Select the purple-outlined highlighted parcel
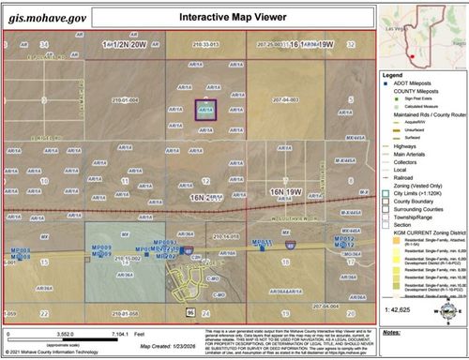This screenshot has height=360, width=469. [x=204, y=109]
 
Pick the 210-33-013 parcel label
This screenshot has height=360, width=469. [x=204, y=44]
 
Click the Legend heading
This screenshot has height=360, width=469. [x=393, y=75]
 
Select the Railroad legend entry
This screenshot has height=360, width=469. [x=409, y=175]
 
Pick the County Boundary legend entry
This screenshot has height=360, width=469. [x=416, y=202]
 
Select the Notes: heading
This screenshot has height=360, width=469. [x=394, y=332]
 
